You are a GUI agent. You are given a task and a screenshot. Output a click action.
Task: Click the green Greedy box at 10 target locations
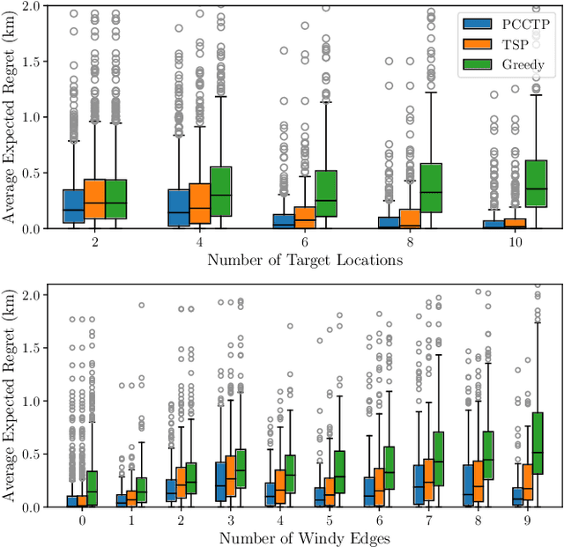[536, 183]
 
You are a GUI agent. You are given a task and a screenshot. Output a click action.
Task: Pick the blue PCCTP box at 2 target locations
[74, 205]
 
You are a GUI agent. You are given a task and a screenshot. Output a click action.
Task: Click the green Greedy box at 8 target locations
[431, 187]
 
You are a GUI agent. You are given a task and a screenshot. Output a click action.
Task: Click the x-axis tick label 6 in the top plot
[305, 242]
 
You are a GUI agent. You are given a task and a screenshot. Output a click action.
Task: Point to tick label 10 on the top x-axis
[515, 242]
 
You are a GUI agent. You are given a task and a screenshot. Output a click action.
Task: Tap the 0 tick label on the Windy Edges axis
[82, 521]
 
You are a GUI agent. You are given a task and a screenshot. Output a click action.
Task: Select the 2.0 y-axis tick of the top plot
[31, 6]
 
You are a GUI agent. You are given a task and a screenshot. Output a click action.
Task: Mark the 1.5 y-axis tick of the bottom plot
[31, 347]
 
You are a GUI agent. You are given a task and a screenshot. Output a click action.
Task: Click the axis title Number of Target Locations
[305, 260]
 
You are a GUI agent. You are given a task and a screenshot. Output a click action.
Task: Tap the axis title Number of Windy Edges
[305, 538]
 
